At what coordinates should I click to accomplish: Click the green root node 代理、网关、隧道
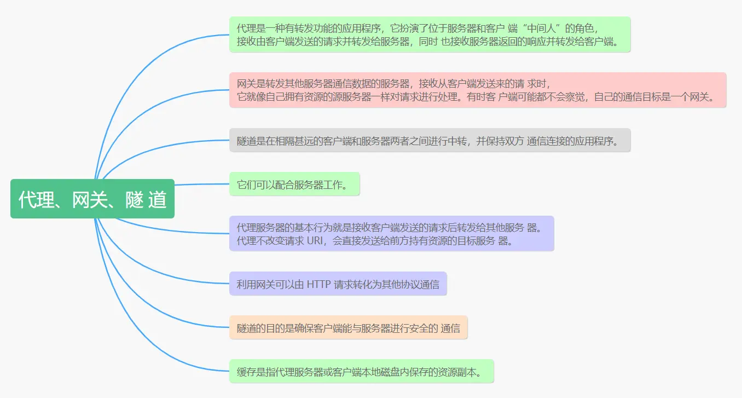coord(92,199)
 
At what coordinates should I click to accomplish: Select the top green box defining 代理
coord(430,34)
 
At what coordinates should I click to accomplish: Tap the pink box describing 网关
coord(477,90)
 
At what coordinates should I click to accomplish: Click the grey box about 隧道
coord(430,141)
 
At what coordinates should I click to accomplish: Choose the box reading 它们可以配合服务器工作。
coord(294,184)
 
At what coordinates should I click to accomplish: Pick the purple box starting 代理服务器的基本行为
coord(391,234)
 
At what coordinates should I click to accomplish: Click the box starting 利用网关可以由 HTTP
coord(338,284)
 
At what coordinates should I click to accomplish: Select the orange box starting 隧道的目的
coord(348,328)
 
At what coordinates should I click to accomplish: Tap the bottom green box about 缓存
coord(361,372)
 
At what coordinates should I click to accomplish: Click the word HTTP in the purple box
coord(318,284)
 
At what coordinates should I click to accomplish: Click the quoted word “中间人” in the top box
coord(541,28)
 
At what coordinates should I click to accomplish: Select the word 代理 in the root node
coord(36,199)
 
